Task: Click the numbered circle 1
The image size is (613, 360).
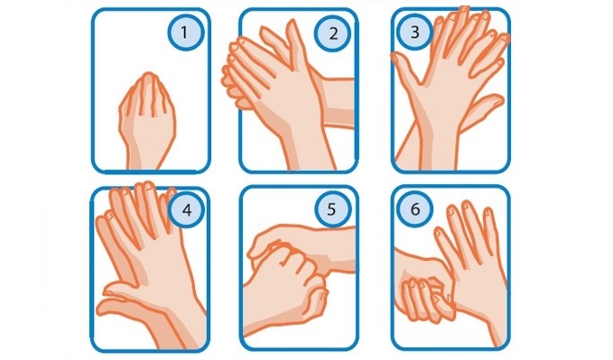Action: pyautogui.click(x=186, y=32)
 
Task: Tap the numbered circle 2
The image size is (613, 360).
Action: pyautogui.click(x=333, y=33)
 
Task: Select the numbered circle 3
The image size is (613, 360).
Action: pyautogui.click(x=414, y=32)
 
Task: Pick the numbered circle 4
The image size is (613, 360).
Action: pyautogui.click(x=187, y=210)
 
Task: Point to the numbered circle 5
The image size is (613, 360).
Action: pyautogui.click(x=332, y=209)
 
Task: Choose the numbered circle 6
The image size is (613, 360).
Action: pyautogui.click(x=414, y=209)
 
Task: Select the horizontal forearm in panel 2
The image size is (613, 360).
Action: pyautogui.click(x=337, y=103)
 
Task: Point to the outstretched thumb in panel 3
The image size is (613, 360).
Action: pyautogui.click(x=406, y=69)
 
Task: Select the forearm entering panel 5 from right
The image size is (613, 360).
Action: pyautogui.click(x=336, y=250)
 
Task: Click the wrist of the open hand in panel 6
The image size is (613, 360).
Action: pyautogui.click(x=490, y=320)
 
